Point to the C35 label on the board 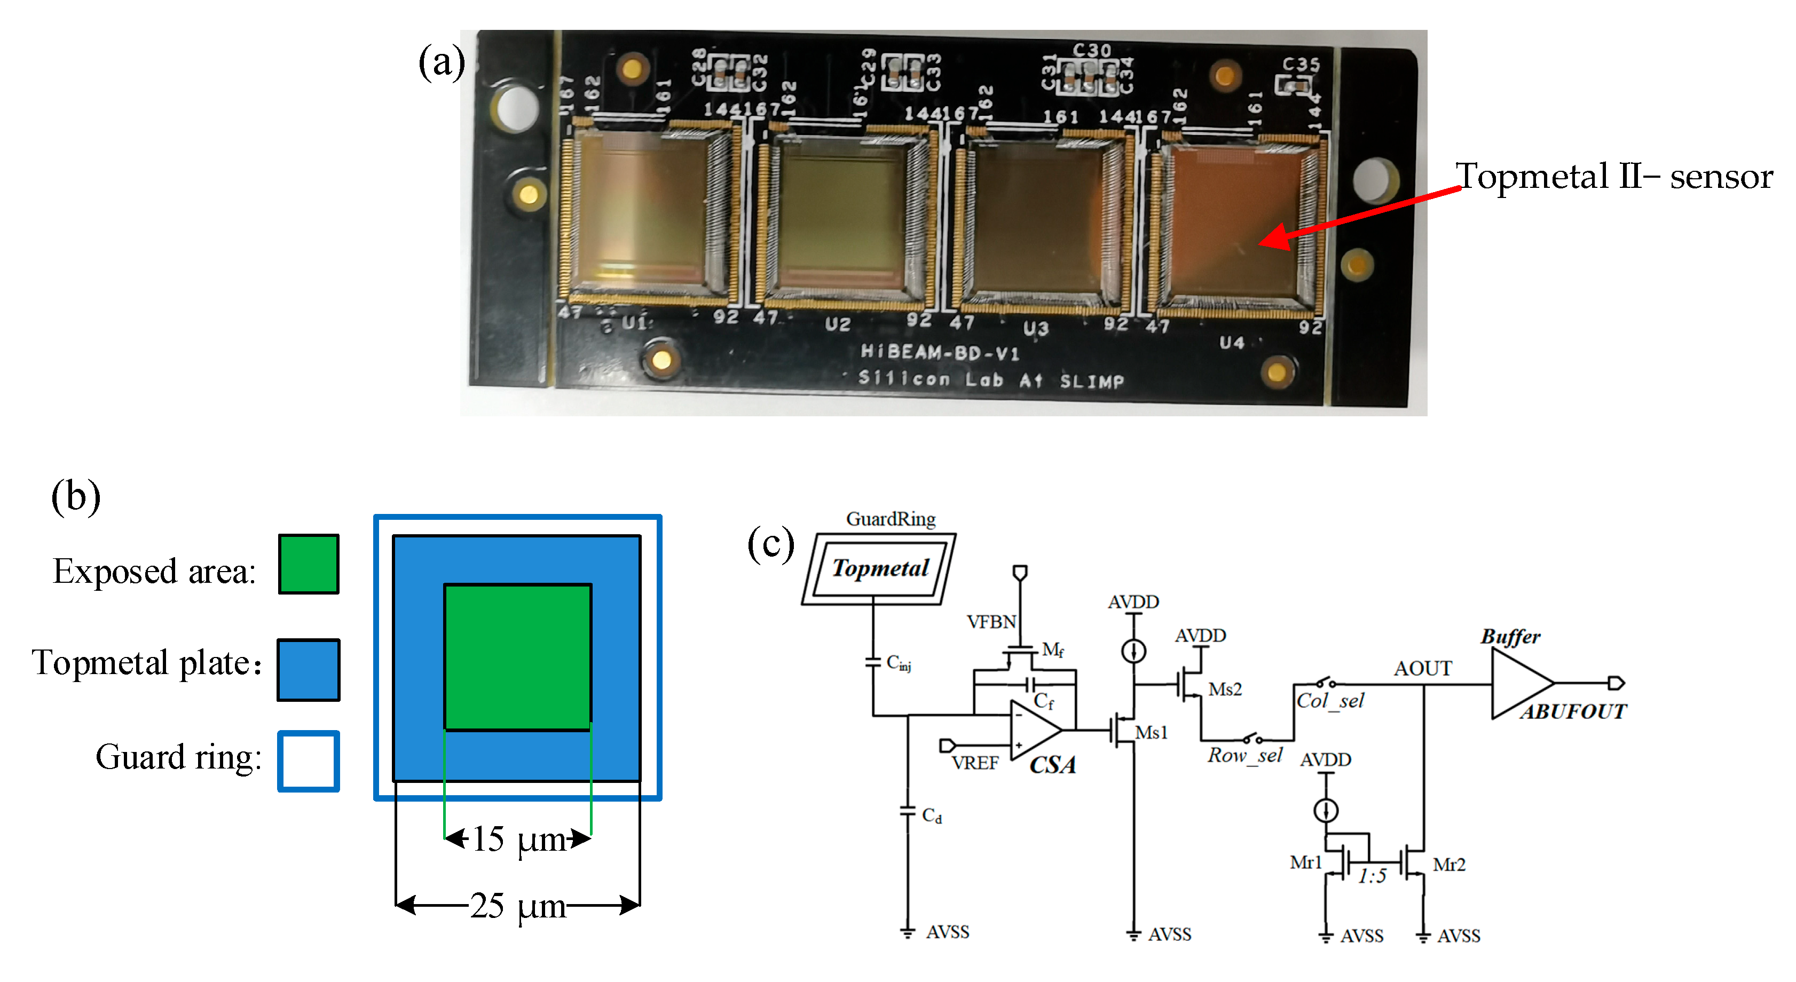pos(1301,65)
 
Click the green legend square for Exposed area pos(308,564)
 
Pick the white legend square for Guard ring pos(308,761)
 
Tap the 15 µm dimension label pos(518,838)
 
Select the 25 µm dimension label pos(517,905)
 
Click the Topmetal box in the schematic pos(880,568)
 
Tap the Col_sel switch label pos(1329,700)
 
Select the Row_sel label pos(1244,755)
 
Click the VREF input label pos(975,763)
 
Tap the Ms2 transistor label pos(1224,690)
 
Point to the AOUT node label pos(1422,668)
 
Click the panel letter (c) pos(770,544)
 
